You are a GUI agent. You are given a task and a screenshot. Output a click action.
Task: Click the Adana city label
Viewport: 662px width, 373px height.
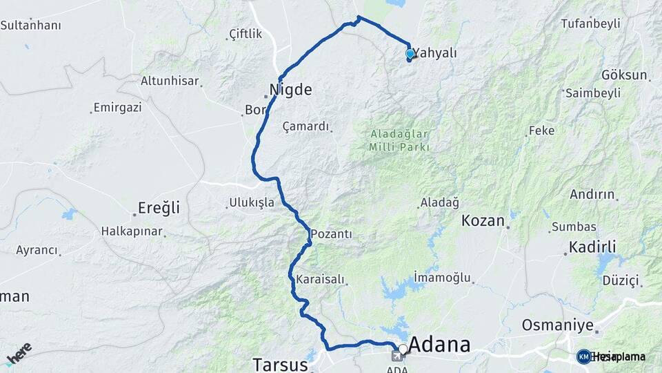(x=440, y=345)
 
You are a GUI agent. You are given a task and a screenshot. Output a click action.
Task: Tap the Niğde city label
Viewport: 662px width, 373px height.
(x=290, y=89)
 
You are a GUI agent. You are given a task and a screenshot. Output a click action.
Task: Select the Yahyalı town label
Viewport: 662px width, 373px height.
(x=436, y=53)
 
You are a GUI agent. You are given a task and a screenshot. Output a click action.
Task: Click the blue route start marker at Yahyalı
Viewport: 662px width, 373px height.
(x=410, y=53)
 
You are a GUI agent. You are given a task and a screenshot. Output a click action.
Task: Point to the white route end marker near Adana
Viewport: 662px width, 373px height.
(x=403, y=349)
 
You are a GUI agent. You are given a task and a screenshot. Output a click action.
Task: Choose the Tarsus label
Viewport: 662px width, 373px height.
(x=277, y=364)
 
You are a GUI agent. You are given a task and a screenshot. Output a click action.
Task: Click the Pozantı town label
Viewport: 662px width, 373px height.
(x=331, y=234)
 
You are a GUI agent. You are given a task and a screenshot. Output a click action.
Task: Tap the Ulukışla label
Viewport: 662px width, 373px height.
(x=250, y=203)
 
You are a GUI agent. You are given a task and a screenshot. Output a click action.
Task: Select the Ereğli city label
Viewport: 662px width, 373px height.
(x=159, y=207)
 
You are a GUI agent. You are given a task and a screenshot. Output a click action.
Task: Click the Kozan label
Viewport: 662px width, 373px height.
(x=483, y=220)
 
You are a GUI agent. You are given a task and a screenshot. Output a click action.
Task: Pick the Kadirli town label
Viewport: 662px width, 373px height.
(x=592, y=247)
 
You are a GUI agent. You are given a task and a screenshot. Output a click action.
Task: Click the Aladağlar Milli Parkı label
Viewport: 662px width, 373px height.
(x=399, y=140)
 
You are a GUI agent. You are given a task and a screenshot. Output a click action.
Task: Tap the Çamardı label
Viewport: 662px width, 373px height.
(x=306, y=126)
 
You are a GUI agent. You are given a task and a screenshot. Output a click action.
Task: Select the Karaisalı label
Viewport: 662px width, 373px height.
(x=319, y=280)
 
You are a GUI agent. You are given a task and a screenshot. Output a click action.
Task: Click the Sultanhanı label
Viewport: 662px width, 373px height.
(x=30, y=26)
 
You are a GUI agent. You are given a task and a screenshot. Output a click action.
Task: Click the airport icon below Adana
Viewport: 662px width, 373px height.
(x=397, y=356)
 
